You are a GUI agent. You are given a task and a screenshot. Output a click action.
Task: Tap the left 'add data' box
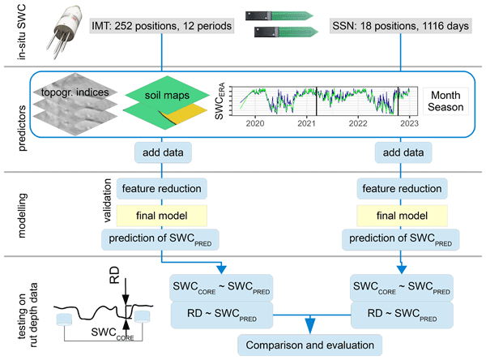[164, 152]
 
